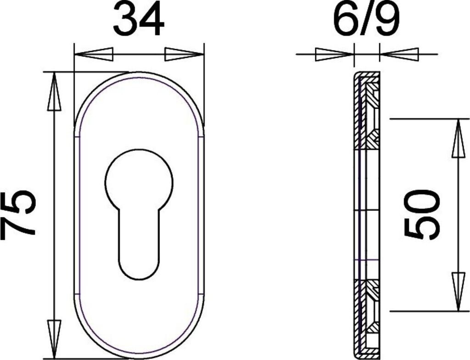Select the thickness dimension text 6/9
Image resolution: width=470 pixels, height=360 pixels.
tap(367, 18)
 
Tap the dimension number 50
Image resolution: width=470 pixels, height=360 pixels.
tap(422, 214)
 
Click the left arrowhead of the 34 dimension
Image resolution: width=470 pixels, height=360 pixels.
tap(94, 54)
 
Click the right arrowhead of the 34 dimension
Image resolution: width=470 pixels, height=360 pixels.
tap(185, 54)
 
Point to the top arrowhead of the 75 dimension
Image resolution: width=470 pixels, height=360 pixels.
tap(54, 91)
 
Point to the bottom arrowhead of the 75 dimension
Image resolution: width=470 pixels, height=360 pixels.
tap(54, 339)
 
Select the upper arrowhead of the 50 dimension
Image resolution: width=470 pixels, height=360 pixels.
tap(458, 138)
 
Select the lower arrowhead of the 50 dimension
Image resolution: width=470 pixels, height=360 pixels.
tap(458, 292)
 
